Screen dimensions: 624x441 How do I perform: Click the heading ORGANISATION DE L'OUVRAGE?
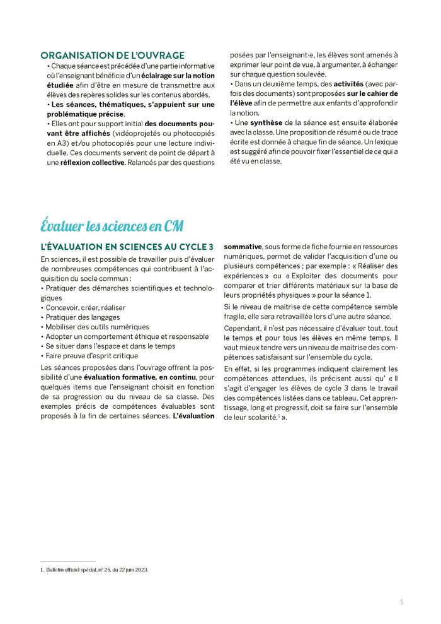pos(112,56)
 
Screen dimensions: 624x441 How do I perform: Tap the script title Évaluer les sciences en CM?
pos(112,225)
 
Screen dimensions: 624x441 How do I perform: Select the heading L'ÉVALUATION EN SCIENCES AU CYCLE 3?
pos(127,247)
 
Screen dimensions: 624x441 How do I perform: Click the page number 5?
pos(401,602)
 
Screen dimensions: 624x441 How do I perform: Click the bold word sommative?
pos(243,247)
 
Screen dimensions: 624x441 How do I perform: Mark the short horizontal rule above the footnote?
pos(67,562)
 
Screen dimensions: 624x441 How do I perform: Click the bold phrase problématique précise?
pos(85,114)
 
